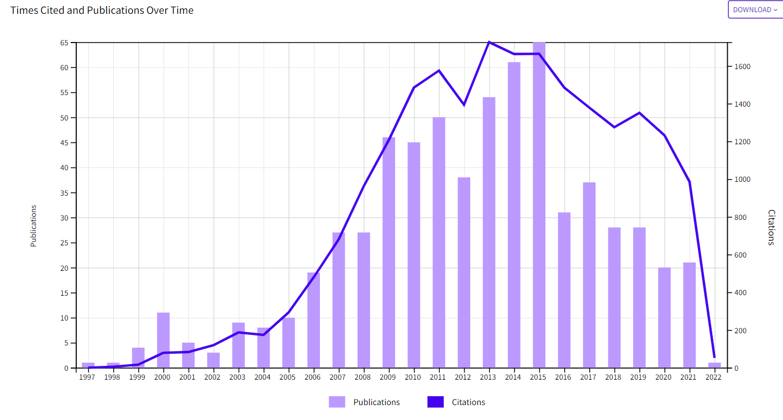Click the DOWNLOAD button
click(755, 9)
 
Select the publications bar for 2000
click(163, 340)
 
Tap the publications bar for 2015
click(539, 204)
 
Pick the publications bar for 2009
click(389, 252)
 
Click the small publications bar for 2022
click(714, 365)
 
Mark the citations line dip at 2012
click(464, 104)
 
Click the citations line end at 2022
click(714, 357)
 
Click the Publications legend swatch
click(337, 402)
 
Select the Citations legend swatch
click(435, 402)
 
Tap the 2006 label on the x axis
click(313, 377)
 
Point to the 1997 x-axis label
click(87, 377)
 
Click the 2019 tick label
click(639, 377)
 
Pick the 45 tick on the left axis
click(65, 143)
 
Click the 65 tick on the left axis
click(65, 43)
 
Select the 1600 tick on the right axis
click(742, 67)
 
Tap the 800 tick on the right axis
click(740, 218)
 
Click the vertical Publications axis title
click(34, 225)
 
